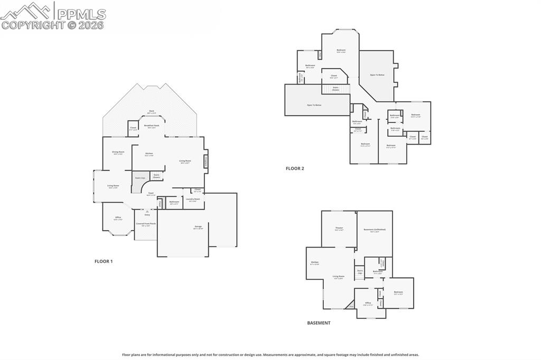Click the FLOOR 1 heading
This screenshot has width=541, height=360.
(104, 261)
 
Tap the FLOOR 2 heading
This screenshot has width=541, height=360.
(295, 168)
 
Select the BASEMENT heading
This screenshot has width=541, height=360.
(319, 323)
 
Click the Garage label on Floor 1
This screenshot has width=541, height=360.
(198, 227)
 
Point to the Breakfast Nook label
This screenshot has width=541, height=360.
(152, 126)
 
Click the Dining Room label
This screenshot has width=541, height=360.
(118, 153)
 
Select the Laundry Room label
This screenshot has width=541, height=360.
(193, 200)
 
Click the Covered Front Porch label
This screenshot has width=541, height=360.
(146, 224)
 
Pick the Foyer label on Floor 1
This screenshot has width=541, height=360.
(151, 194)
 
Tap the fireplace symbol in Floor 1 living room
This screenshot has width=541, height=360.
(206, 163)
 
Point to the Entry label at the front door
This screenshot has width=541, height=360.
(147, 214)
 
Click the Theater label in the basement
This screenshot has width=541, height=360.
(339, 229)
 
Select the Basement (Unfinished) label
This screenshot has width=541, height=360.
(375, 230)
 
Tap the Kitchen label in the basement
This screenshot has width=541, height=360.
(314, 262)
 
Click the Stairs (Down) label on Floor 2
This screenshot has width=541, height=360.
(335, 88)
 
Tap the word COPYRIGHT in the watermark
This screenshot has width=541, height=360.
(33, 25)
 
